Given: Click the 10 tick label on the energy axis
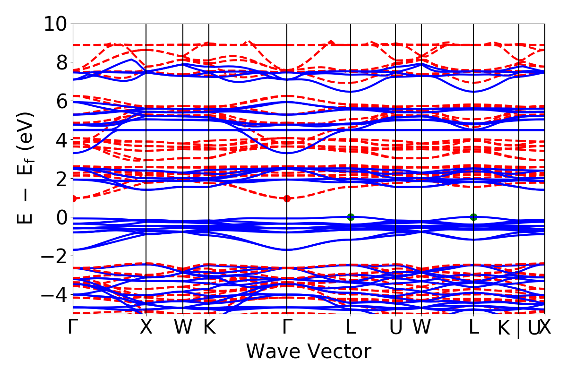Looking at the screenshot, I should coord(56,24).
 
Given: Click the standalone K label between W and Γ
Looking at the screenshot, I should coord(209,327).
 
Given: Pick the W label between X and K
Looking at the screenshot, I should coord(183,327).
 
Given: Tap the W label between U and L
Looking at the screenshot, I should coord(421,327).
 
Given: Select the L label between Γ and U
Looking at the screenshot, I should coord(351,327).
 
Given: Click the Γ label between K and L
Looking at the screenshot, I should coord(287,327).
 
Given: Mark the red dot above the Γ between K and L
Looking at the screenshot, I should coord(287,198).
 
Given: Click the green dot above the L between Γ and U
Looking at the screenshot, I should coord(351,217).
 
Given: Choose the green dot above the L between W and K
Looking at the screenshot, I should coord(473,217).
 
